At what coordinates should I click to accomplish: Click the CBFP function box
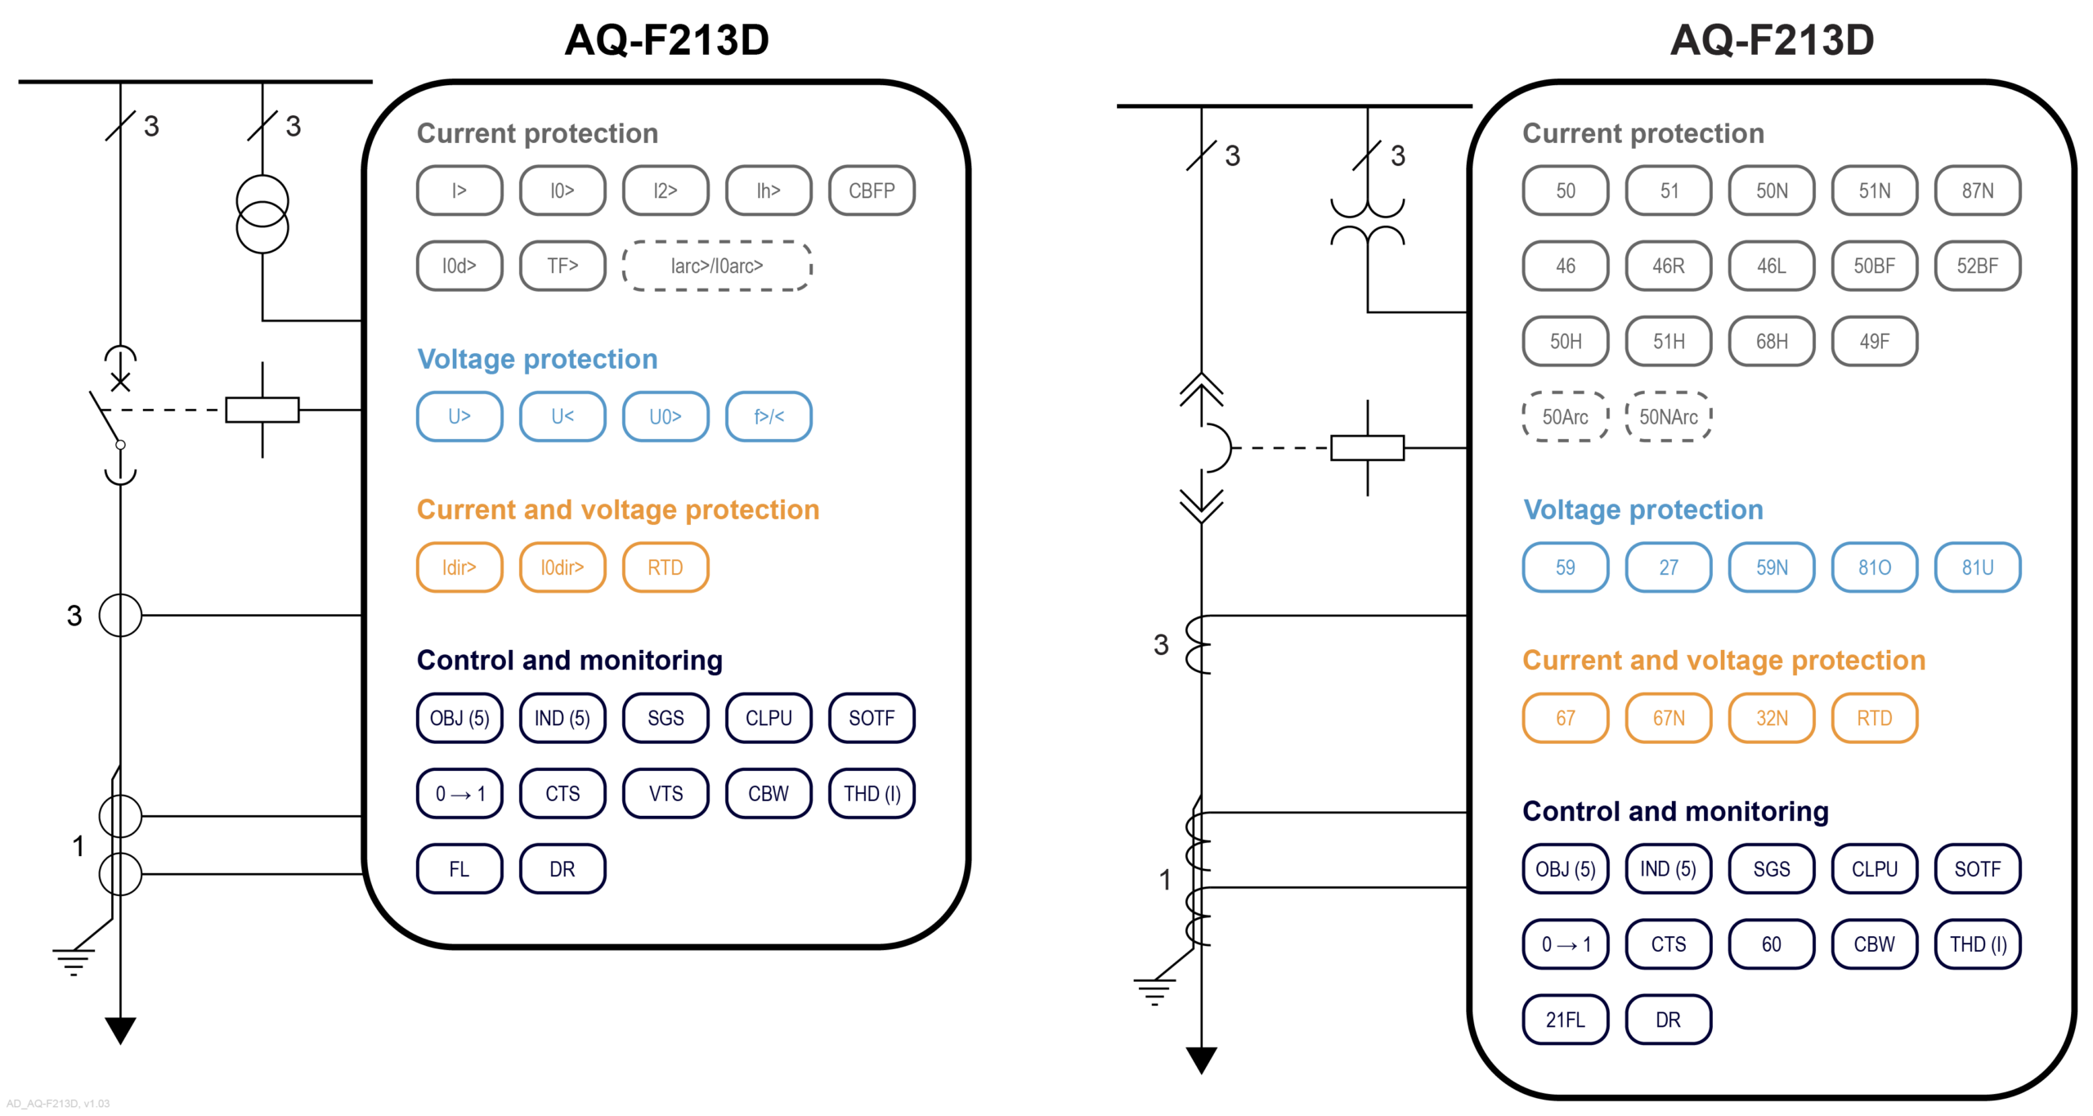871,190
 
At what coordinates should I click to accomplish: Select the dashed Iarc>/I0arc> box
716,266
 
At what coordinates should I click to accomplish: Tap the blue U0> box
665,417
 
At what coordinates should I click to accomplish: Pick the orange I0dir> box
562,567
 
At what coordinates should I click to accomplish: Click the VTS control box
665,793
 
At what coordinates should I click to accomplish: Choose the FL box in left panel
459,868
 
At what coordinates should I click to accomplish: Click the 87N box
1977,190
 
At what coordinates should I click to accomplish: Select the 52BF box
1977,266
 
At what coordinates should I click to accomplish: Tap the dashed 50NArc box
1668,417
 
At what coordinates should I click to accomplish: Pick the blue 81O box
1874,567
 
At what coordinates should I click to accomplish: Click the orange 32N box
1771,718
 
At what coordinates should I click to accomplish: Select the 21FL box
1565,1020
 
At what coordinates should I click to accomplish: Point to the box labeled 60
1771,944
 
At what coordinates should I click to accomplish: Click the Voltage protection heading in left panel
537,359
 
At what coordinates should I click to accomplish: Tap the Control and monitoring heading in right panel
1674,811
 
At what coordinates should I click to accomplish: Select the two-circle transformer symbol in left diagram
262,214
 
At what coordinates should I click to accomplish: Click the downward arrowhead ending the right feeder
1201,1059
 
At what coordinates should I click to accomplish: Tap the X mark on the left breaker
120,382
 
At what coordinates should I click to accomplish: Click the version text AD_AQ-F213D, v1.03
58,1104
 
